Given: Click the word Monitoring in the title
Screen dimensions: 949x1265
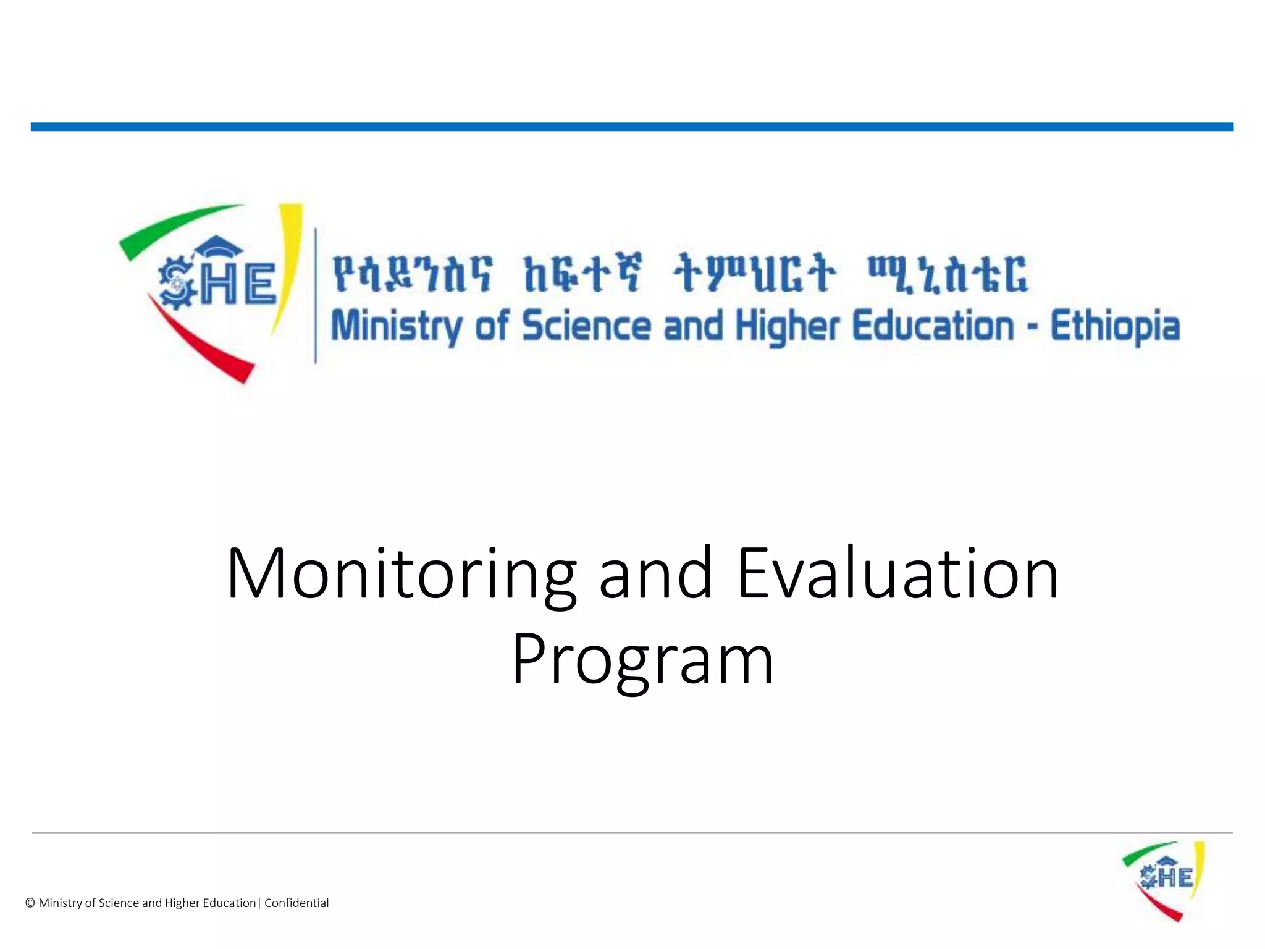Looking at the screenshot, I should [401, 575].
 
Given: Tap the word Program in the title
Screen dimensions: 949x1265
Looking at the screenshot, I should [642, 660].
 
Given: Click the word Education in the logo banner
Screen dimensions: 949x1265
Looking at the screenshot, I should [933, 326].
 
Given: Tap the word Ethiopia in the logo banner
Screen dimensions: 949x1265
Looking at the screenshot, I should [1115, 326].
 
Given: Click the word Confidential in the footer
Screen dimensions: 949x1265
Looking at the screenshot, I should [296, 903].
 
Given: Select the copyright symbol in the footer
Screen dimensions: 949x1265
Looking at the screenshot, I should [30, 903].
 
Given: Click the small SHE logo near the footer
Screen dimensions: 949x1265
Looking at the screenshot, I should [1164, 880].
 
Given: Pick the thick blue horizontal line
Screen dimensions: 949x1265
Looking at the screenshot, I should [632, 127].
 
